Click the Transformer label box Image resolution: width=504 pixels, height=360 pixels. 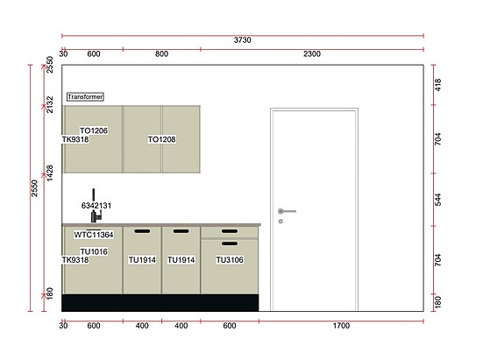tap(84, 97)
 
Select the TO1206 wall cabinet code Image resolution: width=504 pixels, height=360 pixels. tap(94, 131)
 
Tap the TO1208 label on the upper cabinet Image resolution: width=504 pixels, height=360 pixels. tap(161, 139)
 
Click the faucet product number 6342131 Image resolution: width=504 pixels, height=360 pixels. tap(96, 205)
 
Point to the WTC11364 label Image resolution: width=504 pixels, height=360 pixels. tap(93, 235)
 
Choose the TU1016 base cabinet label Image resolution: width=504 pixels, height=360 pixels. tap(94, 251)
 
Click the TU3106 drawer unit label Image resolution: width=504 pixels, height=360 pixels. tap(230, 260)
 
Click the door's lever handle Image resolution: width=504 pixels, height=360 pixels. tap(287, 211)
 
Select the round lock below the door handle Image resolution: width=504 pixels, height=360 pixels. tap(280, 222)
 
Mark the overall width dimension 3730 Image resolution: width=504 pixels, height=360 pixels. tap(244, 39)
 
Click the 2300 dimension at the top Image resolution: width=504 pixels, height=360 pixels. tap(312, 54)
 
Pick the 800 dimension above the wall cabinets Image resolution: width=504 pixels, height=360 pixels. tap(161, 54)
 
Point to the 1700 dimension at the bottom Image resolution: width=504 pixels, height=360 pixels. tap(341, 326)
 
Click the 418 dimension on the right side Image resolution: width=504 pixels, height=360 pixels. tap(439, 85)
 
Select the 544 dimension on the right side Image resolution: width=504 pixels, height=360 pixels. tap(439, 200)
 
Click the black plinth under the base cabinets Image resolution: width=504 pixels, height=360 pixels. tap(160, 302)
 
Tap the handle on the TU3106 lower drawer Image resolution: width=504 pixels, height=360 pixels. tap(230, 244)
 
